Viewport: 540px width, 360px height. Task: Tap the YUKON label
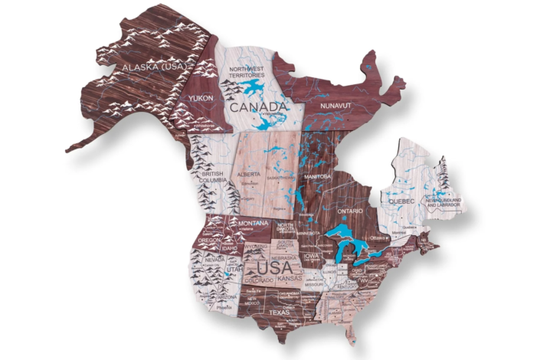pos(202,99)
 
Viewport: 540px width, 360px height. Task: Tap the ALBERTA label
pos(249,174)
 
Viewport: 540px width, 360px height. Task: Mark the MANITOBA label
pos(316,176)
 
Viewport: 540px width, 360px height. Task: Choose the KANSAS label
pos(290,280)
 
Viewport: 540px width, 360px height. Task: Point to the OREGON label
pos(208,240)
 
